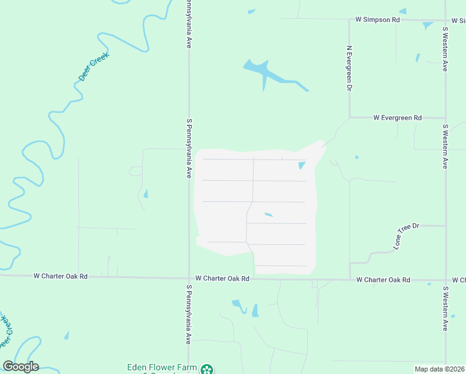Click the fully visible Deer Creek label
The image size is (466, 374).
94,67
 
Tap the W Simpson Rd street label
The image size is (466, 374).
377,20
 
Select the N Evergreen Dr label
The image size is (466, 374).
349,68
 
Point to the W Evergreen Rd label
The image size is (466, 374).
397,117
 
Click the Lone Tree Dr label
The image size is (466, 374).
407,237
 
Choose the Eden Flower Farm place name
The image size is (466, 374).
162,368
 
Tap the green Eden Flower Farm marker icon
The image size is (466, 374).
207,369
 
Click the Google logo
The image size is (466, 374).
21,367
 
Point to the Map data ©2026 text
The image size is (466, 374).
439,369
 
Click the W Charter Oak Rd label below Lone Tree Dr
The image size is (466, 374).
383,280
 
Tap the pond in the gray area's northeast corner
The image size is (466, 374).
302,165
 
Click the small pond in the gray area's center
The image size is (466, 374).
269,215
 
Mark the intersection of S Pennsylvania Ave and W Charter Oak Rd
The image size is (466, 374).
189,279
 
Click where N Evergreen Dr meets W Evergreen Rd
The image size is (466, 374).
349,117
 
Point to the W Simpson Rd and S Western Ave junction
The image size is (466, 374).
445,20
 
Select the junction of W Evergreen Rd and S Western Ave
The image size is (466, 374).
445,117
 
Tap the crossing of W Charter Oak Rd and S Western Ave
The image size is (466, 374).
445,280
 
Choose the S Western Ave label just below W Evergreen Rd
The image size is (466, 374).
445,146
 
